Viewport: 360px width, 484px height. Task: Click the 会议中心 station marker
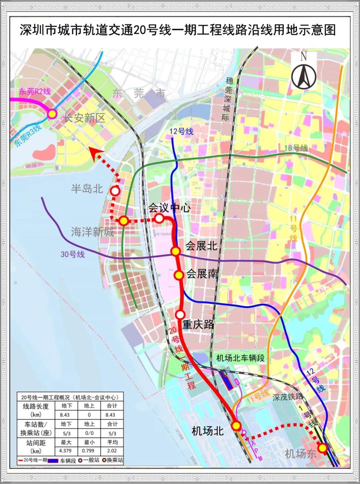[159, 218]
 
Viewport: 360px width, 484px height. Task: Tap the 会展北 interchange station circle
[176, 251]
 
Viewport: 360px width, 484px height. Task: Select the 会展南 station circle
[179, 275]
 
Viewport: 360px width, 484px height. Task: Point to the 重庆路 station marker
[180, 315]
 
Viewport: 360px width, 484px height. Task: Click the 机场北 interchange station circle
[236, 426]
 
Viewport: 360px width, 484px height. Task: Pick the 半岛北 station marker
[115, 191]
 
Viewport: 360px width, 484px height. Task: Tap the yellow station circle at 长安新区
[52, 114]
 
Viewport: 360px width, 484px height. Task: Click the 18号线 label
[296, 148]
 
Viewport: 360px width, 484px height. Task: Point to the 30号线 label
[72, 254]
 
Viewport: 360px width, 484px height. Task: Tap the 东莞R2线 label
[35, 91]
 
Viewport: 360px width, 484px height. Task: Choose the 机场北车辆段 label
[240, 358]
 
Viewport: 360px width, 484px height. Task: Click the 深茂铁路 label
[287, 397]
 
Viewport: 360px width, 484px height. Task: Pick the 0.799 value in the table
[89, 451]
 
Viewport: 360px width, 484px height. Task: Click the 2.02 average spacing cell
[112, 451]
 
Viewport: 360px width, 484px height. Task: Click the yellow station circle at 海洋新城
[124, 220]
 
